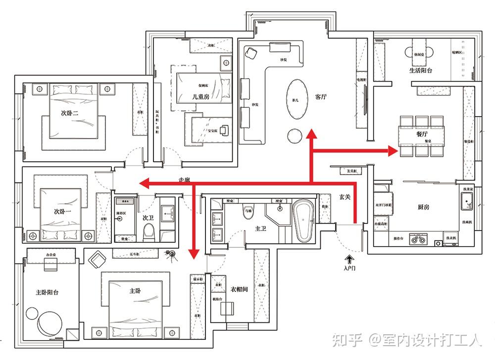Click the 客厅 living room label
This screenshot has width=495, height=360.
321,97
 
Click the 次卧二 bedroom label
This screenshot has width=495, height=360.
70,113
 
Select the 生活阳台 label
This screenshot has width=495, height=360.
421,70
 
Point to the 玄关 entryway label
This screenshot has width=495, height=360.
345,197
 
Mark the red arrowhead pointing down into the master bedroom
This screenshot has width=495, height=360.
193,253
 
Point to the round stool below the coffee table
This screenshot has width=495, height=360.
295,135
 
